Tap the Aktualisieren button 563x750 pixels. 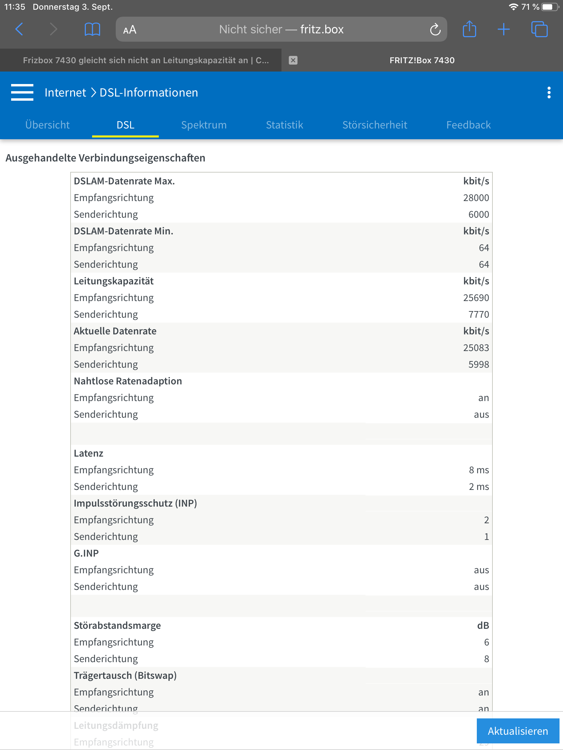click(517, 731)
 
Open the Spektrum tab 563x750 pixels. click(204, 125)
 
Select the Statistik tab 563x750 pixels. click(284, 125)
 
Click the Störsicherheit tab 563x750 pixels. click(375, 125)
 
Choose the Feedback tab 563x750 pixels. click(468, 125)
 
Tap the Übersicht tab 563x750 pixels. click(48, 125)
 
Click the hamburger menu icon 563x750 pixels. click(22, 92)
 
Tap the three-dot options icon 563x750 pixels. click(549, 92)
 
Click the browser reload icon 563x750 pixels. click(435, 30)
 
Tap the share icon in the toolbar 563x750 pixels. click(469, 29)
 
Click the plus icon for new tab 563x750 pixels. click(504, 30)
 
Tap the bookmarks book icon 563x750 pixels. click(92, 30)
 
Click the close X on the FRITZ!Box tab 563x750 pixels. click(293, 60)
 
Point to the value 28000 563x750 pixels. click(476, 198)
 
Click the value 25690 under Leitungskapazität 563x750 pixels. click(476, 298)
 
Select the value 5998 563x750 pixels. click(478, 365)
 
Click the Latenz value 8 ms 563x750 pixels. click(479, 470)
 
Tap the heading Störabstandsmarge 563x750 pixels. click(117, 626)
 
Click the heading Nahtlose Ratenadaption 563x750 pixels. click(128, 381)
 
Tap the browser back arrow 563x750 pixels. click(19, 30)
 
